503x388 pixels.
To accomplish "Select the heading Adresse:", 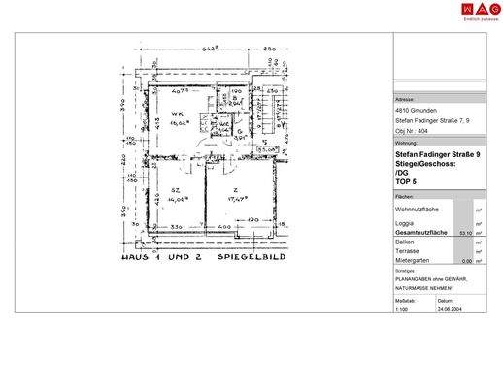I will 405,100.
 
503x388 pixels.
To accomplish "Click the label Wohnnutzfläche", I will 419,209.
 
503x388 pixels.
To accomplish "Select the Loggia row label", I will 407,224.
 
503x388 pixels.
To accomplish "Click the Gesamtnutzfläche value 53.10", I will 464,233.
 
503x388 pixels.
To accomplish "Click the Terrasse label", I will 409,251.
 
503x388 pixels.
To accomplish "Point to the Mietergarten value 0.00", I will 465,260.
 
